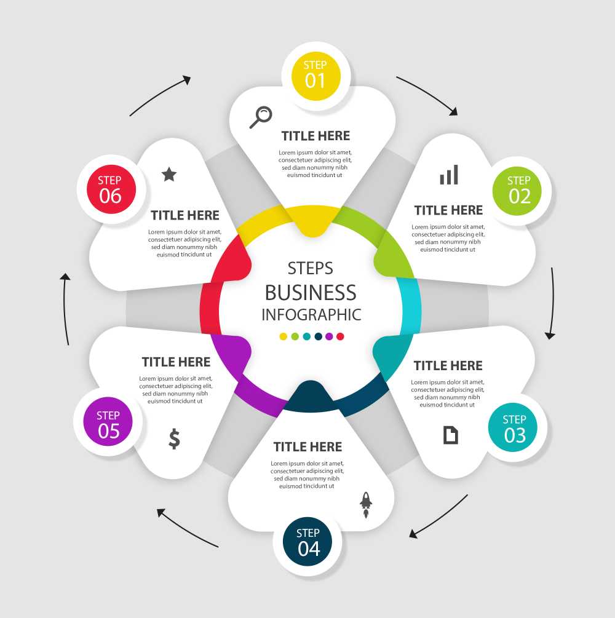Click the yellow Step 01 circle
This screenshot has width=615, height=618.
coord(315,74)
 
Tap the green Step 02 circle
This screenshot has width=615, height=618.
coord(519,190)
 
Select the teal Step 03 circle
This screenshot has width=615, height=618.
coord(515,429)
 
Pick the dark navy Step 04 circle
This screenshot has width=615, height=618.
coord(308,542)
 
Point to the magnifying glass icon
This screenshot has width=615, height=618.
coord(261,117)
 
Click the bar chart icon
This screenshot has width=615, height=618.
coord(449,175)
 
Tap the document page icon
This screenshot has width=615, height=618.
coord(451,435)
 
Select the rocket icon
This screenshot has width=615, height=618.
coord(366,504)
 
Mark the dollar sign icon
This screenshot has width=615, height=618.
coord(175,438)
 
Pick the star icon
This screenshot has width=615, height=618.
coord(169,175)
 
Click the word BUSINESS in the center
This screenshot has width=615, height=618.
coord(311,292)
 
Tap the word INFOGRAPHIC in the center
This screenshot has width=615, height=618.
coord(311,315)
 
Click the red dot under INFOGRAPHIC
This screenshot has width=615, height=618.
coord(340,336)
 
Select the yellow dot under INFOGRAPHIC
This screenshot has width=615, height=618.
coord(284,336)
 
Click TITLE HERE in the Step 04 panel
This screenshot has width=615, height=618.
coord(307,446)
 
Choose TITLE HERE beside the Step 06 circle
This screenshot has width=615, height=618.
coord(185,215)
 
